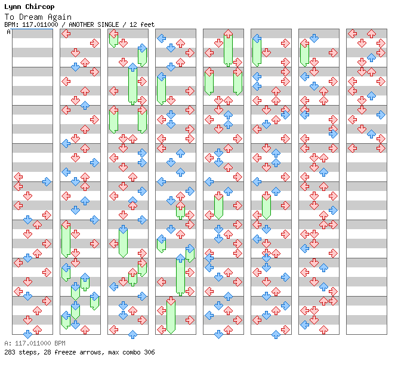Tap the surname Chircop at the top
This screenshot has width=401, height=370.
pos(40,7)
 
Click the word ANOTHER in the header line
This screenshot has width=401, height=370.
pos(81,24)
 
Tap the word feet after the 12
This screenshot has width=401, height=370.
pos(147,24)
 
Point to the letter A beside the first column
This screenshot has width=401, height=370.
pos(9,32)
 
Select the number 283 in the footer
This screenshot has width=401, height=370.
pos(10,352)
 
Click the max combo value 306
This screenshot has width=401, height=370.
pos(149,352)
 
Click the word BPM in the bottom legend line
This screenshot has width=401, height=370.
pos(60,343)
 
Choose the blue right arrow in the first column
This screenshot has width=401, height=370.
pos(47,181)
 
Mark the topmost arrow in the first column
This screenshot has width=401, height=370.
pos(18,177)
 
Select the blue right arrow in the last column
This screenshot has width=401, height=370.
pos(381,115)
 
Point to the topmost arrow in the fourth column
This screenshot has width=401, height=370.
pos(161,38)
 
